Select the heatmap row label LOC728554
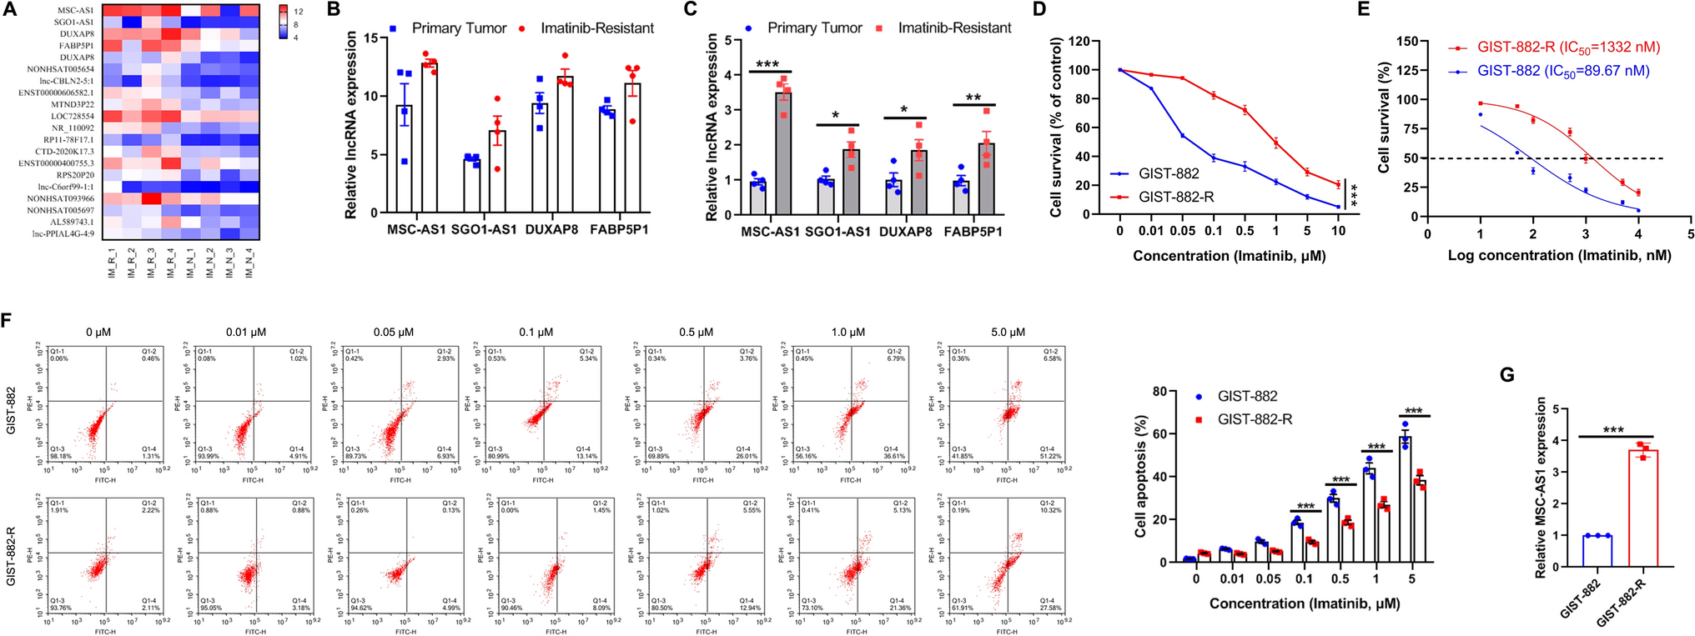point(72,116)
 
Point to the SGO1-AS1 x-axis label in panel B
point(484,229)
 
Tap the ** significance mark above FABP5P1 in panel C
point(973,98)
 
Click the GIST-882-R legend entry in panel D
point(1176,197)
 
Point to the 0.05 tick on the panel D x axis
point(1182,231)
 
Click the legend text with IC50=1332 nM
point(1568,48)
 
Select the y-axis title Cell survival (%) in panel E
point(1385,118)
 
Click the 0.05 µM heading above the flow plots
point(393,332)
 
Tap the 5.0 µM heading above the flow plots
point(1008,332)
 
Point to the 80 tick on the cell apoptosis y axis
point(1159,392)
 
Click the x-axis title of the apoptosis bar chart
point(1305,603)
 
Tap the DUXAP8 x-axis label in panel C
point(905,232)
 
